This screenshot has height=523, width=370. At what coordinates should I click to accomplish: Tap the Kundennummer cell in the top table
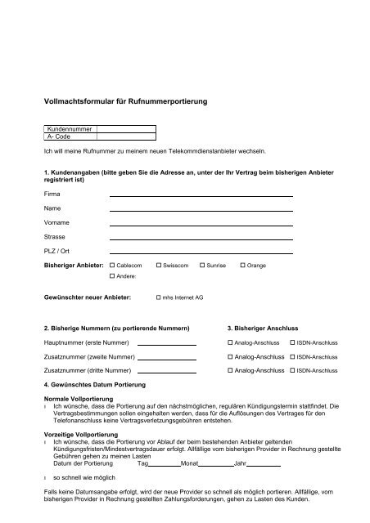[x=71, y=128]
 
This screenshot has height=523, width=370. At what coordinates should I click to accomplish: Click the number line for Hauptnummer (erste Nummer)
[x=167, y=342]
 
